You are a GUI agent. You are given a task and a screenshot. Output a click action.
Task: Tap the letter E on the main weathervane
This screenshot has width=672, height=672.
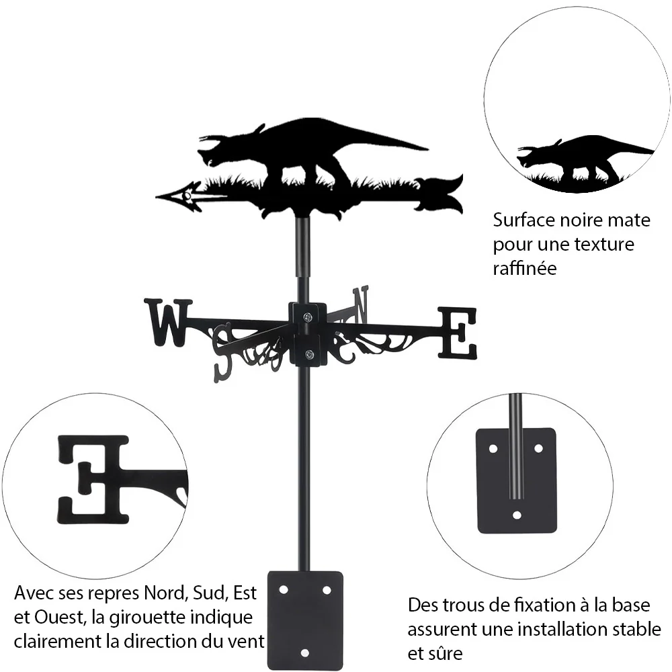click(457, 333)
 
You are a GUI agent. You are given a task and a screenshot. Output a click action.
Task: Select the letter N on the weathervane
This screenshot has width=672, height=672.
click(360, 304)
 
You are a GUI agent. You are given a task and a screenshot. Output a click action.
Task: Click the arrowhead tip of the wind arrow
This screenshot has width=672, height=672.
click(157, 197)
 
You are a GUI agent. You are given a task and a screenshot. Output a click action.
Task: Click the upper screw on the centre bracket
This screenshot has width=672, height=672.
click(308, 317)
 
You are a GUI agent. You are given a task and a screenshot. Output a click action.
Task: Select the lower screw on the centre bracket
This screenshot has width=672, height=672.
click(308, 354)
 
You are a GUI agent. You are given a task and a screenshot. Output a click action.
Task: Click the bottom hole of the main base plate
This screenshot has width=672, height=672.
click(304, 653)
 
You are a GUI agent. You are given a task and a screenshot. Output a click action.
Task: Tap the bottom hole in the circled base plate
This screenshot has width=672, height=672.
click(517, 515)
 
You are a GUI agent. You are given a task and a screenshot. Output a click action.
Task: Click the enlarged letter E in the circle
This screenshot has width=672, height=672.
click(93, 480)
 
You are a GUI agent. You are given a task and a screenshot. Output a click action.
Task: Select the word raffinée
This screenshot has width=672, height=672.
click(525, 268)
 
